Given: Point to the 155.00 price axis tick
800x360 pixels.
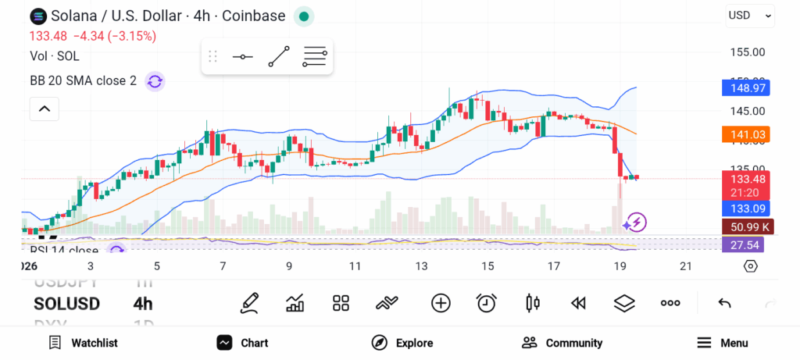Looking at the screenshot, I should coord(748,52).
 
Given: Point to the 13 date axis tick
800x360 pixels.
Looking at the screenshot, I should coord(422,266).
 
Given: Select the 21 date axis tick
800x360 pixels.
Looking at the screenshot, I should coord(686,266).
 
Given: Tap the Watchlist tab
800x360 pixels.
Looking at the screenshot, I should coord(83,343).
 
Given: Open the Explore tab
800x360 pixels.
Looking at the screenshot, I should coord(402,343).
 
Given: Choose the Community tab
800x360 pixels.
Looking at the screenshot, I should coord(562,343).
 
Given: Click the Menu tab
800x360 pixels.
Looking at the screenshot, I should coord(722,343).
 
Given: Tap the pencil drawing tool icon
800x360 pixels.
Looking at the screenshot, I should coord(250,303).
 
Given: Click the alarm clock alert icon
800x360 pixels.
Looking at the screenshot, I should coord(487,303).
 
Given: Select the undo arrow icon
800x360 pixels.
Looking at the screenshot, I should coord(724,303).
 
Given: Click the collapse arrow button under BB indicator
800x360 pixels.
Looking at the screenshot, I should coord(45,109).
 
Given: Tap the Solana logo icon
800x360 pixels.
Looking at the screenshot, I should coord(37,16).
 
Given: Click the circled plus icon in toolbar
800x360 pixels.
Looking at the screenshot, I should coord(441,303).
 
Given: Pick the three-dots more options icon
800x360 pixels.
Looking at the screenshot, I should coord(670,303).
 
